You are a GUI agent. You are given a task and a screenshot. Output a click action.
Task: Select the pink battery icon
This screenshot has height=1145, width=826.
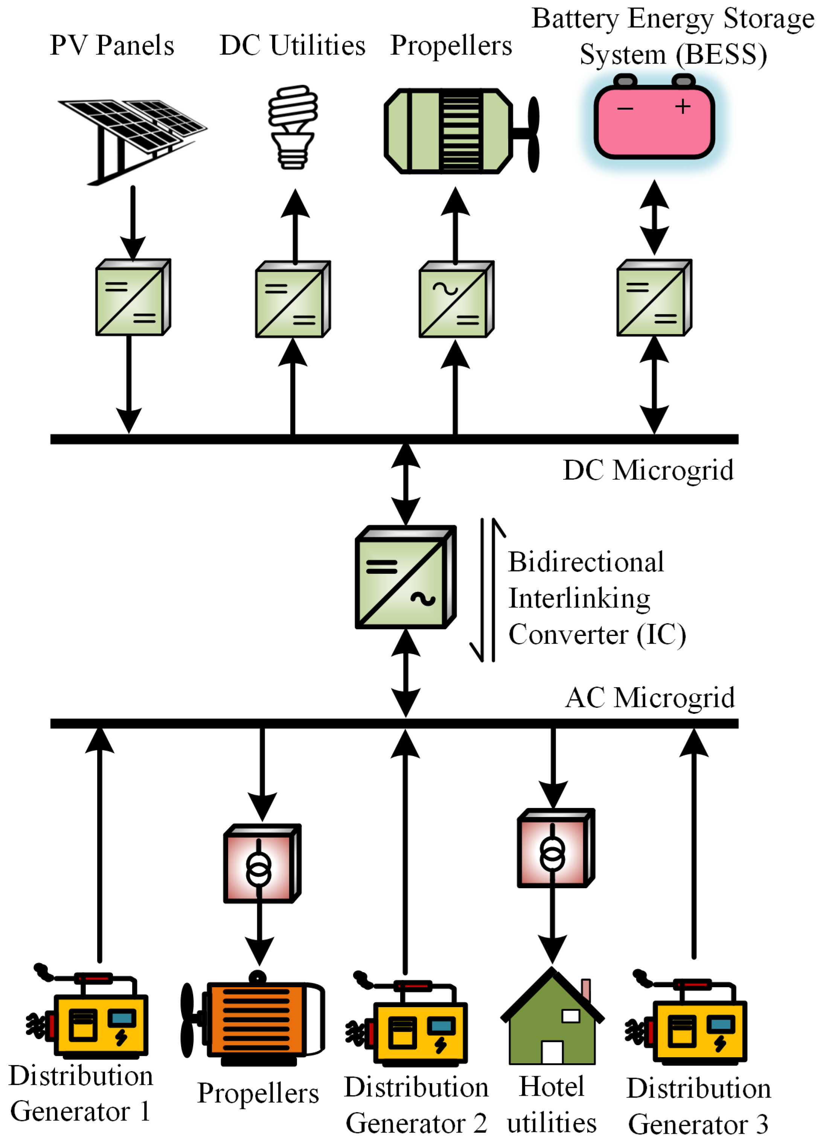[x=654, y=121]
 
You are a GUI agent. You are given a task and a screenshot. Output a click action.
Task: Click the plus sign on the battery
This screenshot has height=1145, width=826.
[x=683, y=107]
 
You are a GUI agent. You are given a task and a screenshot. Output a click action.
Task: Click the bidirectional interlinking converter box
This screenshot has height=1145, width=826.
[x=405, y=577]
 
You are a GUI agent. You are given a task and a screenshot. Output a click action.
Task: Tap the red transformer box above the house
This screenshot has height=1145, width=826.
[x=555, y=848]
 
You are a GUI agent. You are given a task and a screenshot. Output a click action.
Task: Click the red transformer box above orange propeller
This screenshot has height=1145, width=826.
[x=262, y=864]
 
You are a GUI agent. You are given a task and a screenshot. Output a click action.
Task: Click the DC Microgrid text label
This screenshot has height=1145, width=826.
[x=648, y=471]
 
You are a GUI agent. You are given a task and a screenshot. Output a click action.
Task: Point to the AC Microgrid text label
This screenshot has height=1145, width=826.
[x=649, y=698]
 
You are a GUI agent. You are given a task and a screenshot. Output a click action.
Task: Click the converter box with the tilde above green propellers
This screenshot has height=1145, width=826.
[x=456, y=299]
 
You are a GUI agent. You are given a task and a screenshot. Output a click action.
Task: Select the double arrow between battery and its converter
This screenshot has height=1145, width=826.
[x=654, y=217]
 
